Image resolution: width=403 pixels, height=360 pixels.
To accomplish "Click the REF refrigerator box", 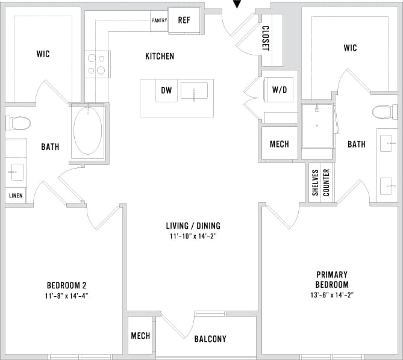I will tap(184, 19).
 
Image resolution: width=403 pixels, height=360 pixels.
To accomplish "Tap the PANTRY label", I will tap(159, 20).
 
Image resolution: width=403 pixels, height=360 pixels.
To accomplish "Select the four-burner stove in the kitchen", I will tap(97, 64).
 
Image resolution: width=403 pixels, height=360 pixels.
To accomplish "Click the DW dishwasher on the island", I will tap(166, 91).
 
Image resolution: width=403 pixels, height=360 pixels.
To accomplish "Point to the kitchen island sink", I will tap(194, 91).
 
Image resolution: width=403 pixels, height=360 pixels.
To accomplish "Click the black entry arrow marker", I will tap(237, 4).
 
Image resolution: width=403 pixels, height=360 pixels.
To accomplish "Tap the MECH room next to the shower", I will tap(280, 144).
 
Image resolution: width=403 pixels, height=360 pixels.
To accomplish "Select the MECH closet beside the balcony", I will tap(140, 335).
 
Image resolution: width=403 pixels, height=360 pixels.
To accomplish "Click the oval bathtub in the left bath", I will tap(88, 132).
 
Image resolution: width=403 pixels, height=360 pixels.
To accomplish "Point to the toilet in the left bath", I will tap(19, 123).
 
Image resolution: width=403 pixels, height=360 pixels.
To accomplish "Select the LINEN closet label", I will tap(16, 196).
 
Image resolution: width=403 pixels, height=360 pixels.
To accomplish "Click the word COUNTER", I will tap(326, 182).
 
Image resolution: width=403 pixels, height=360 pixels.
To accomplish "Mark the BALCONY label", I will tap(210, 339).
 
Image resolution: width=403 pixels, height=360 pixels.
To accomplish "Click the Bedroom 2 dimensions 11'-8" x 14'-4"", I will tap(67, 296).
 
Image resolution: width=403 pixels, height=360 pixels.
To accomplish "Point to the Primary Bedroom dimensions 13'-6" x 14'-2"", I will tap(331, 296).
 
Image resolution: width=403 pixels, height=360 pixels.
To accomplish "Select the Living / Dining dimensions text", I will tap(193, 237).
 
